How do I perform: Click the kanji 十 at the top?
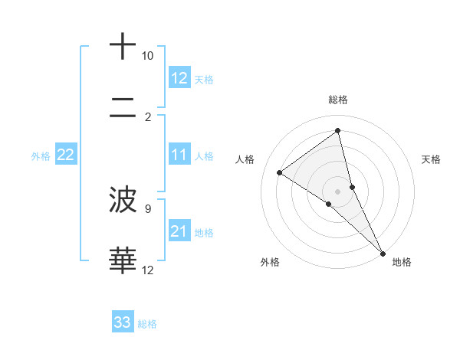123,47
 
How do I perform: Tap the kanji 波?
123,201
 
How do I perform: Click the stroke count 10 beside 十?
147,56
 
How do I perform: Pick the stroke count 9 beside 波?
148,208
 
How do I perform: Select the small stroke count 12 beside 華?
148,270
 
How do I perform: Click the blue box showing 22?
66,155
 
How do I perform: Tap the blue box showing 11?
179,155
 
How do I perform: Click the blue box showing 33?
123,322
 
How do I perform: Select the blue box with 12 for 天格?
179,78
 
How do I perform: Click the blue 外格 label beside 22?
41,156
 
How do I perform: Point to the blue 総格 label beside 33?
147,324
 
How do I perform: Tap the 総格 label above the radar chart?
338,100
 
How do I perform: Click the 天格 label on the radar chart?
431,159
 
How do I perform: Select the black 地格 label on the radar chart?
402,262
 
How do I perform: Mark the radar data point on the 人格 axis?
280,173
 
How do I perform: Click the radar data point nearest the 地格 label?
383,252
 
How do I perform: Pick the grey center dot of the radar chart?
338,190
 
